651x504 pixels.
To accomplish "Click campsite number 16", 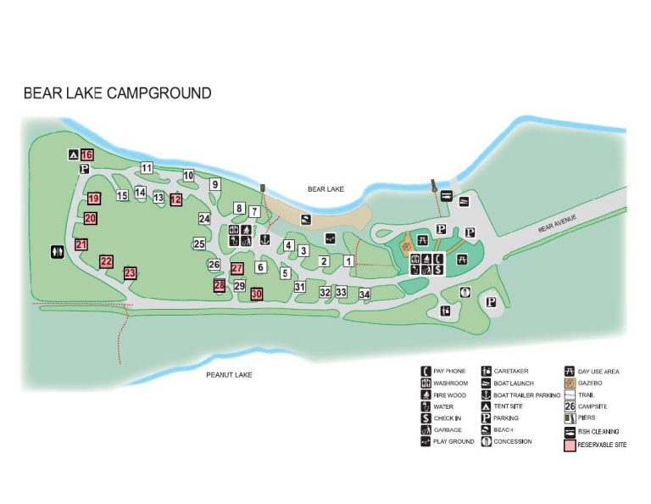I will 87,155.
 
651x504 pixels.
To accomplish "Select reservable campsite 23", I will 130,273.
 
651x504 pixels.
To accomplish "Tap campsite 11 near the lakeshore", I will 147,167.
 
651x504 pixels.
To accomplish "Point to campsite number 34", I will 364,294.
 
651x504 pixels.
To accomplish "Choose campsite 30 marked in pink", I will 256,294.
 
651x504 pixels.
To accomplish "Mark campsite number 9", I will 215,184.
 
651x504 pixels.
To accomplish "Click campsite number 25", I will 199,244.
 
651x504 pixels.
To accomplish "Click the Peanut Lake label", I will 231,374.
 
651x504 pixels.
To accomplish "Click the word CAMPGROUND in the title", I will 159,92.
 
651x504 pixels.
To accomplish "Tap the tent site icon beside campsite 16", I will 74,155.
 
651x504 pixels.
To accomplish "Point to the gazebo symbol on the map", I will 417,241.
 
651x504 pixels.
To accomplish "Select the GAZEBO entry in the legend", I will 590,383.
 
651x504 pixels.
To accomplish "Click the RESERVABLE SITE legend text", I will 603,445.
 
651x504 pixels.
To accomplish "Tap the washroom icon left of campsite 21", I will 57,251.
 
